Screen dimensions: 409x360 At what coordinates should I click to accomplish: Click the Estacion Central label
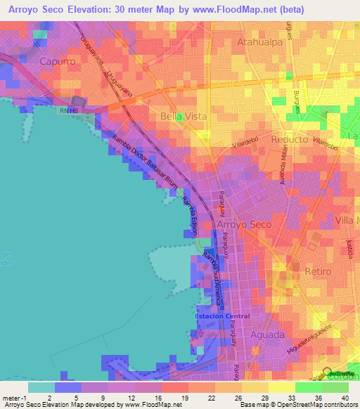[x=222, y=316]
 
